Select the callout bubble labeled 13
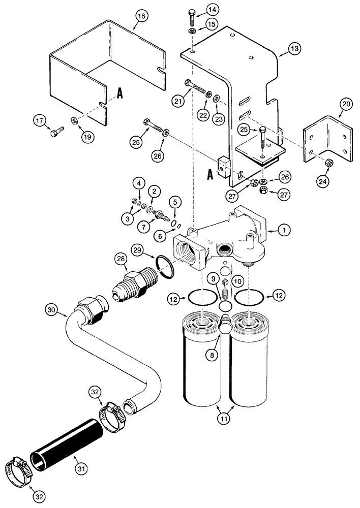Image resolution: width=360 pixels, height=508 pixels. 295,49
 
